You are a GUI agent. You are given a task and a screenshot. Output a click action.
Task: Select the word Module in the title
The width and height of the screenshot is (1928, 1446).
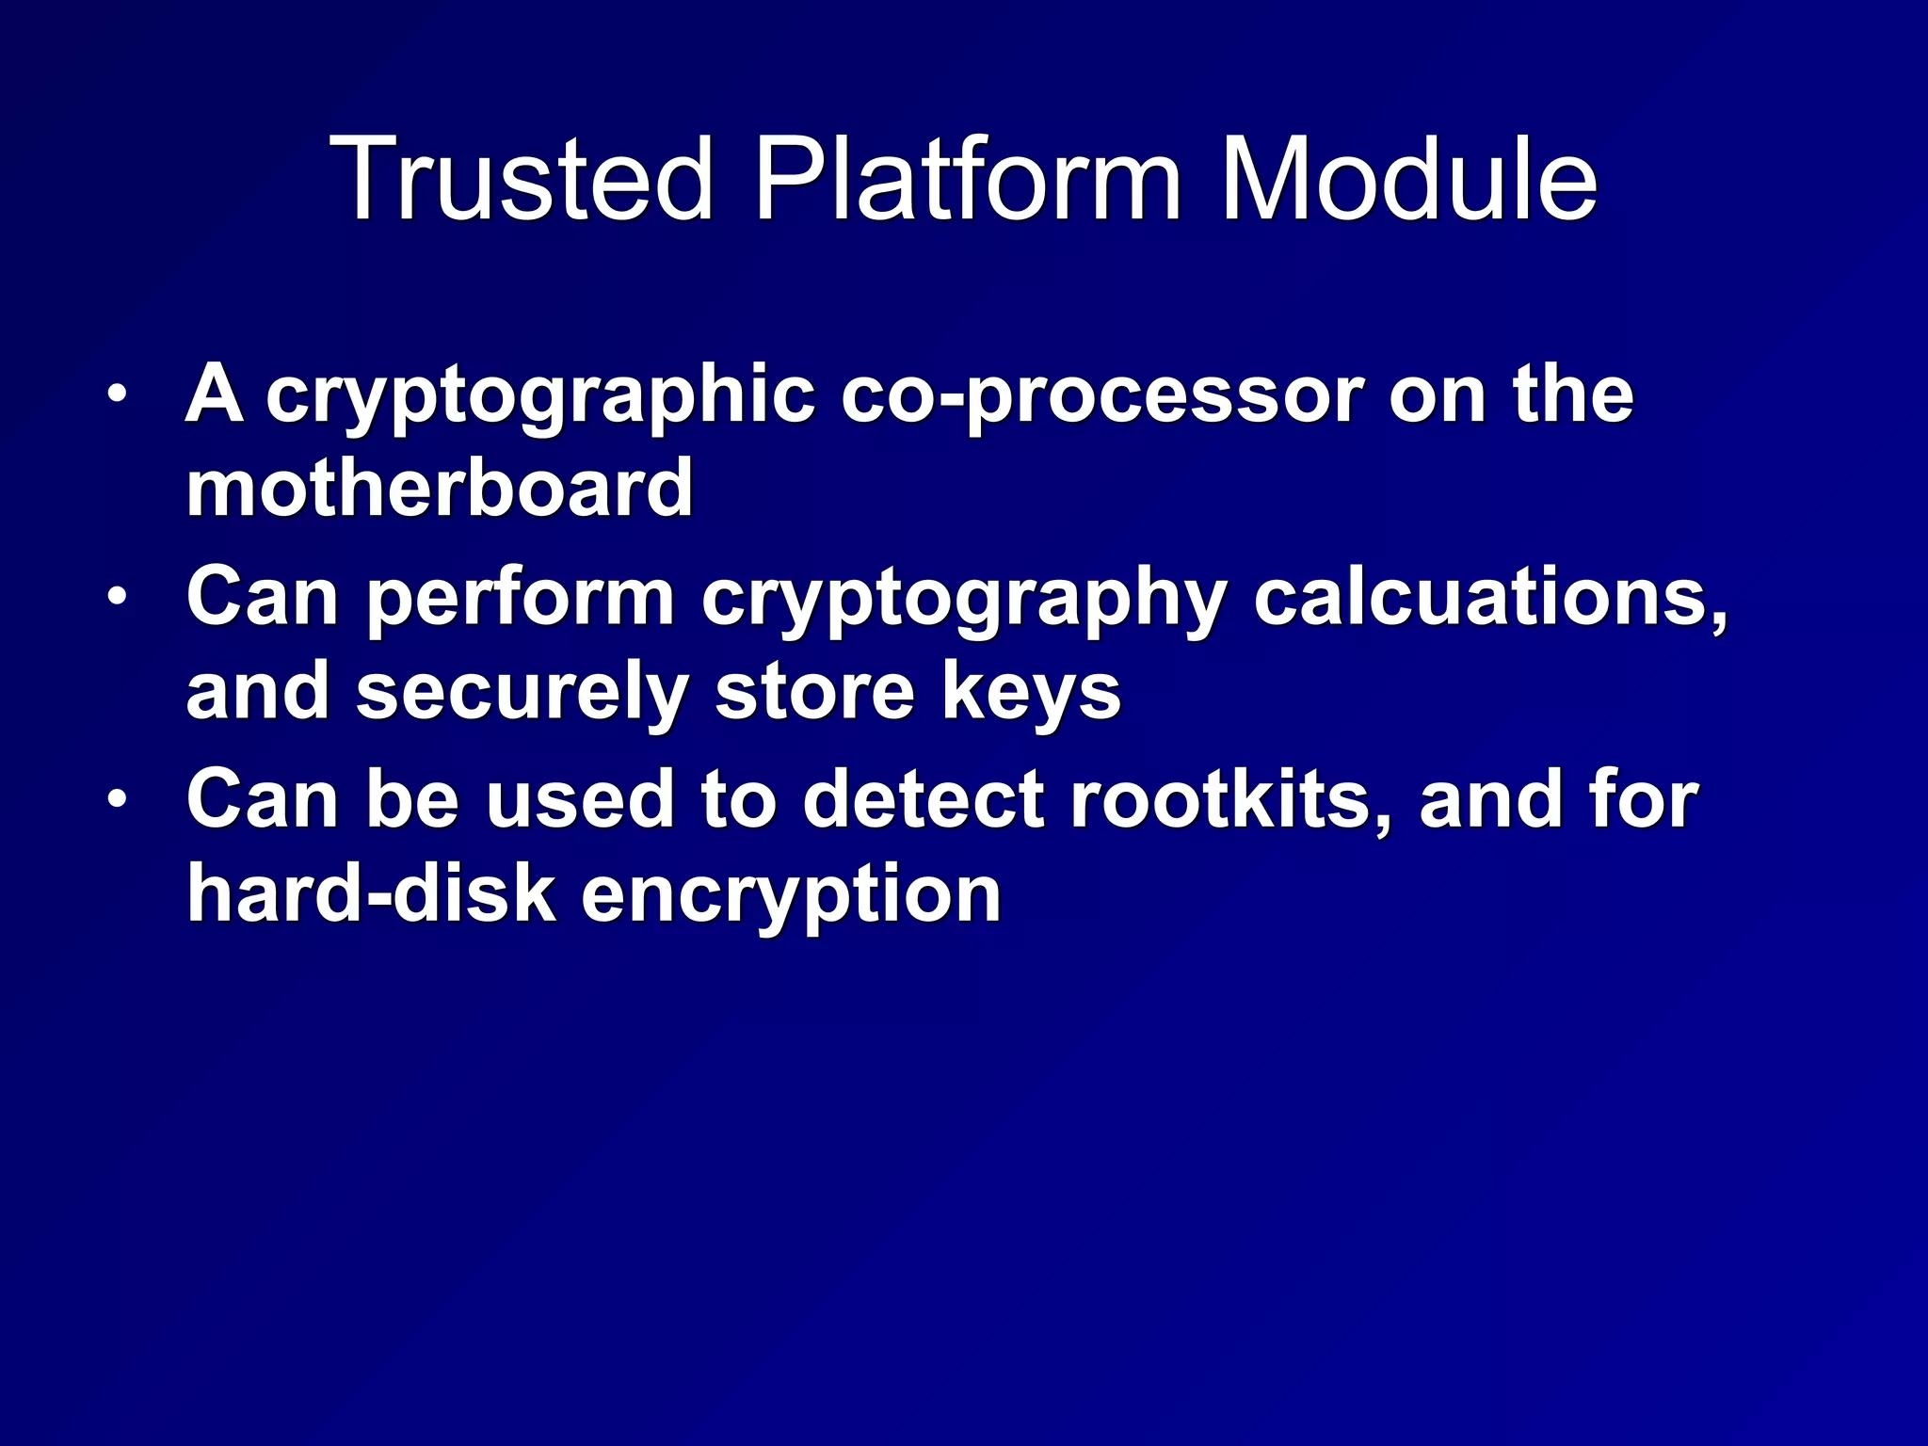point(1407,179)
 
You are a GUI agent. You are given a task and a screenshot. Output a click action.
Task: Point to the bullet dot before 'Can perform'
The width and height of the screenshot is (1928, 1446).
point(116,597)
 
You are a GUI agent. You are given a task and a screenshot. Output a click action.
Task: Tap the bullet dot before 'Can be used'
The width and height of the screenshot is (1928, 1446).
point(116,800)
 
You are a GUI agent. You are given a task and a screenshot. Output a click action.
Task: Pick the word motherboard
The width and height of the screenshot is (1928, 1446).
point(440,488)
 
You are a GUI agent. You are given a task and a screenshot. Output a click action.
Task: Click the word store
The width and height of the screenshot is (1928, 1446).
point(815,691)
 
